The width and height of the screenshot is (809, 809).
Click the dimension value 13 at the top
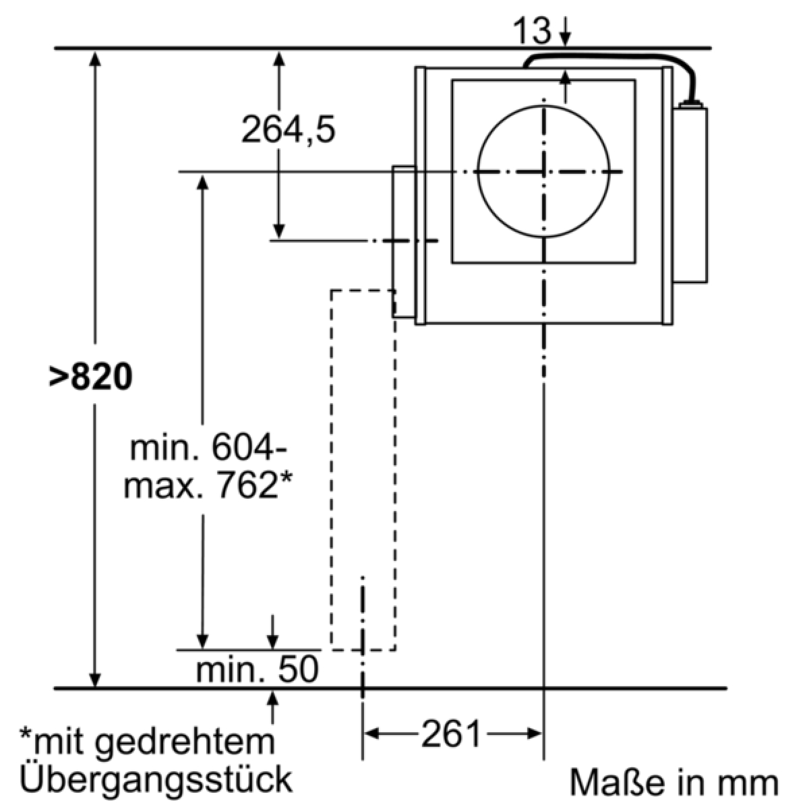click(531, 31)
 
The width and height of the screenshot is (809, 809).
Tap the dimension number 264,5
click(289, 129)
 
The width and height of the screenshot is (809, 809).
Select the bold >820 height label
click(90, 377)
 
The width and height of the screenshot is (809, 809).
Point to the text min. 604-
click(208, 449)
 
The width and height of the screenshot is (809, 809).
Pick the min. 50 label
click(258, 669)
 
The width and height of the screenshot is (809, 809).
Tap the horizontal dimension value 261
click(451, 733)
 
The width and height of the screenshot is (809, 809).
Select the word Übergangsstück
click(155, 779)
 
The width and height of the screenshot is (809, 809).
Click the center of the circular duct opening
click(543, 171)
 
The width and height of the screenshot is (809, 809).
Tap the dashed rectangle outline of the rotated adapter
click(330, 470)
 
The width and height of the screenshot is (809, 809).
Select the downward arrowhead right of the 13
click(566, 40)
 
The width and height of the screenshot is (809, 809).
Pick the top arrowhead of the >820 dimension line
click(95, 59)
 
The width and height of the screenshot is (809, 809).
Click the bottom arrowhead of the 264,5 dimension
click(278, 232)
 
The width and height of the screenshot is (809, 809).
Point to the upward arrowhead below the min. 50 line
click(273, 698)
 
